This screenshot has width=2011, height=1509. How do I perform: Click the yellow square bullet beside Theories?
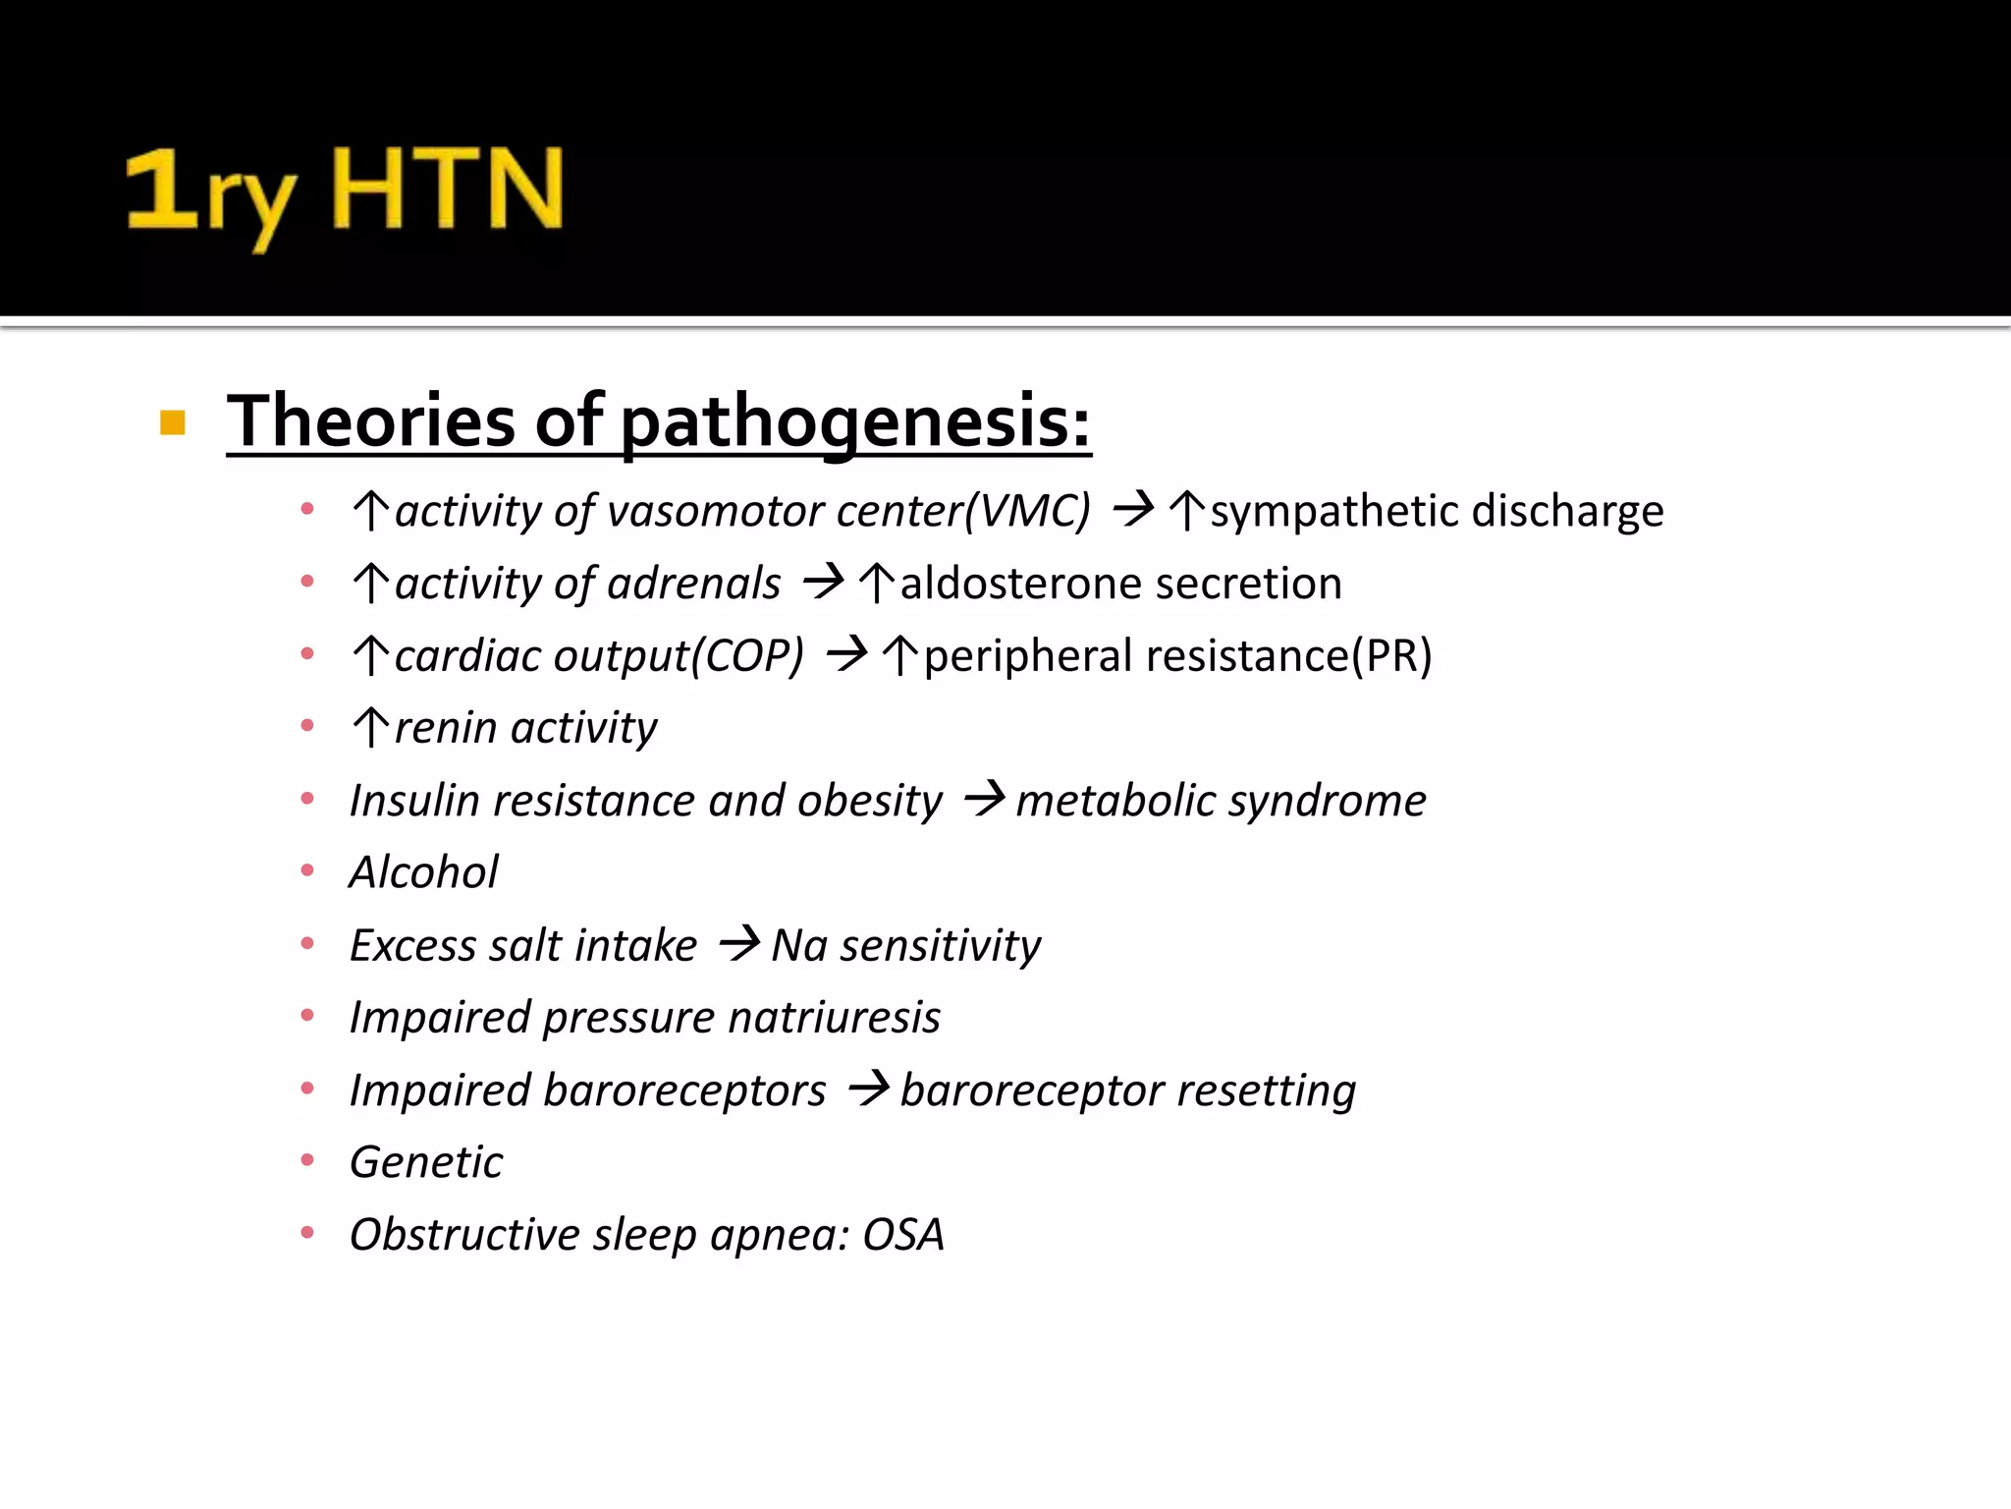tap(173, 422)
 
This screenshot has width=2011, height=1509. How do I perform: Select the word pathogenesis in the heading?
tap(855, 422)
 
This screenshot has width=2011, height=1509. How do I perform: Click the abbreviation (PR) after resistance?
tap(1392, 656)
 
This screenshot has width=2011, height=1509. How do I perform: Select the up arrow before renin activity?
tap(371, 728)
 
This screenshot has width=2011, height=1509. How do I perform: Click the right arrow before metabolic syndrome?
tap(984, 799)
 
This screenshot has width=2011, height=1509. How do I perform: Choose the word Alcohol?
tap(424, 872)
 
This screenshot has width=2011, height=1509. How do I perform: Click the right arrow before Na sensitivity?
tap(739, 944)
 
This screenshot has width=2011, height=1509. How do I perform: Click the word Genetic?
tap(426, 1162)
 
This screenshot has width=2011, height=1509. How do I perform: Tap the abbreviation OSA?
tap(903, 1235)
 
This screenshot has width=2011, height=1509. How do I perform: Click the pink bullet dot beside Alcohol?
tap(307, 871)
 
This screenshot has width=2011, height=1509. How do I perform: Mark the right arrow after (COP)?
tap(847, 655)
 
